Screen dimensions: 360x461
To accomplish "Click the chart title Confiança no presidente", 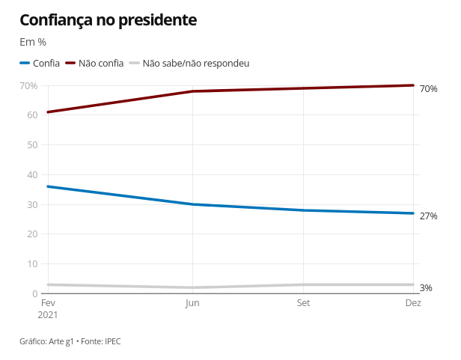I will click(108, 20).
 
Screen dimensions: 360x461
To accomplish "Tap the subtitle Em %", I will click(33, 42).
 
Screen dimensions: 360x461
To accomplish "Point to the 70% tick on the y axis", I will click(28, 86).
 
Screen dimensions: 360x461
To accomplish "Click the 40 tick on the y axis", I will click(32, 174).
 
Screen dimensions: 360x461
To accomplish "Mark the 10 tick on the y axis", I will click(32, 263).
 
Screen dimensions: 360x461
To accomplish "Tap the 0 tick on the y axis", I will click(34, 293).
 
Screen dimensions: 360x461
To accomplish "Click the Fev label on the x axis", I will click(48, 303).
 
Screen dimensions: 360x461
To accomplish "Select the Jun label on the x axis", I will click(192, 303).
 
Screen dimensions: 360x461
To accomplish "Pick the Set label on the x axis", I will click(303, 303).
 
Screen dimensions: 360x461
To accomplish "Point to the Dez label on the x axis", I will click(413, 303).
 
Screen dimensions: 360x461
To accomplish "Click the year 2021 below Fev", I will click(48, 315).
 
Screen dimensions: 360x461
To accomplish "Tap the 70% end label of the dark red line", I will click(428, 89).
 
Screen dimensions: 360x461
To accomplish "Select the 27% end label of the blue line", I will click(428, 216).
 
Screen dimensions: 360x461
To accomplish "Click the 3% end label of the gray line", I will click(426, 288).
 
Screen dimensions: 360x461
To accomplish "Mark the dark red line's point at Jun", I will click(193, 91).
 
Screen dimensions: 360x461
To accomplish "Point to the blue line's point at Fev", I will click(48, 186).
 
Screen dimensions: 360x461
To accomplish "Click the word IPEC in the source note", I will click(112, 341).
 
